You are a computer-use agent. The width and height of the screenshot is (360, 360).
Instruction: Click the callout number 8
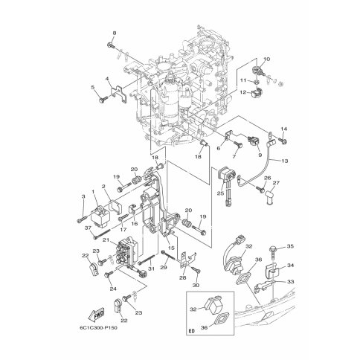[115, 33]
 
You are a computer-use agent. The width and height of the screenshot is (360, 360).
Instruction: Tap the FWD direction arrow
[96, 315]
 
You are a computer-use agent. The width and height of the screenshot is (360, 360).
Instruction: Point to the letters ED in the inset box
[192, 331]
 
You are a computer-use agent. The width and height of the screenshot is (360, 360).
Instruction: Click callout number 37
[87, 228]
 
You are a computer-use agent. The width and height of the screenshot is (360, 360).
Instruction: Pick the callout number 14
[284, 129]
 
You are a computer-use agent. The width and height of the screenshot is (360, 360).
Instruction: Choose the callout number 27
[276, 183]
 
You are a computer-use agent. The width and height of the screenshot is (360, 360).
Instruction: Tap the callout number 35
[290, 246]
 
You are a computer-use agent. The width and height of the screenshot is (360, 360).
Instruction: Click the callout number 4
[107, 79]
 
